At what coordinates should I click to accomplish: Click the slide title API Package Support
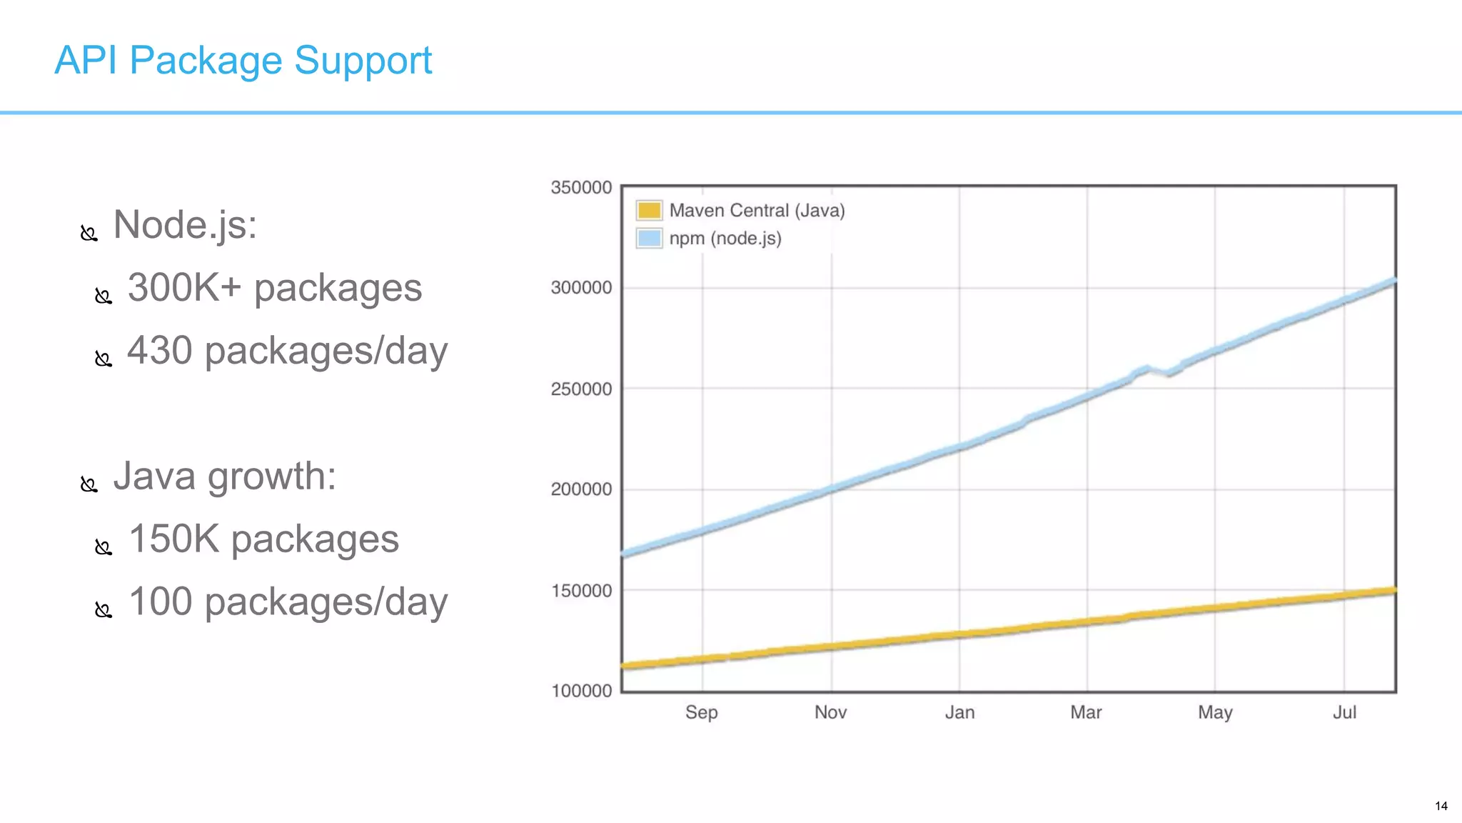pyautogui.click(x=243, y=60)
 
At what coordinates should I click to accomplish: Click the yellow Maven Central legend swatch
pyautogui.click(x=649, y=210)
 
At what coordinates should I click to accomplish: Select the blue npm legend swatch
pyautogui.click(x=649, y=238)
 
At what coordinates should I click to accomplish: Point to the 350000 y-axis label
pyautogui.click(x=581, y=187)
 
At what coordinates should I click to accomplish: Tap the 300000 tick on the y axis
pyautogui.click(x=581, y=287)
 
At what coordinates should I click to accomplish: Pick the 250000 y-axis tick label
pyautogui.click(x=581, y=389)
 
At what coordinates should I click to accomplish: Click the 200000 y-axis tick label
pyautogui.click(x=581, y=489)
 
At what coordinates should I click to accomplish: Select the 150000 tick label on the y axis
pyautogui.click(x=581, y=591)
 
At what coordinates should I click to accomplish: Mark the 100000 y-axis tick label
pyautogui.click(x=581, y=691)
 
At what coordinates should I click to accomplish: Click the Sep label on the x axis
pyautogui.click(x=702, y=712)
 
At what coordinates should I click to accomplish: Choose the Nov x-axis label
pyautogui.click(x=830, y=712)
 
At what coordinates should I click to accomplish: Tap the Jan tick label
pyautogui.click(x=959, y=712)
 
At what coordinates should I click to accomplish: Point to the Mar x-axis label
pyautogui.click(x=1086, y=712)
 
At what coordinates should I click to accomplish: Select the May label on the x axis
pyautogui.click(x=1215, y=712)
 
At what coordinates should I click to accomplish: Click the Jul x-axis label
pyautogui.click(x=1344, y=712)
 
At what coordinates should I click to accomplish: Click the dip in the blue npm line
pyautogui.click(x=1168, y=373)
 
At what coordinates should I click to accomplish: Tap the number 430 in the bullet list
pyautogui.click(x=160, y=351)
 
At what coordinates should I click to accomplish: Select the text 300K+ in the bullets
pyautogui.click(x=185, y=288)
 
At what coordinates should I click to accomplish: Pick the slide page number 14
pyautogui.click(x=1441, y=806)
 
